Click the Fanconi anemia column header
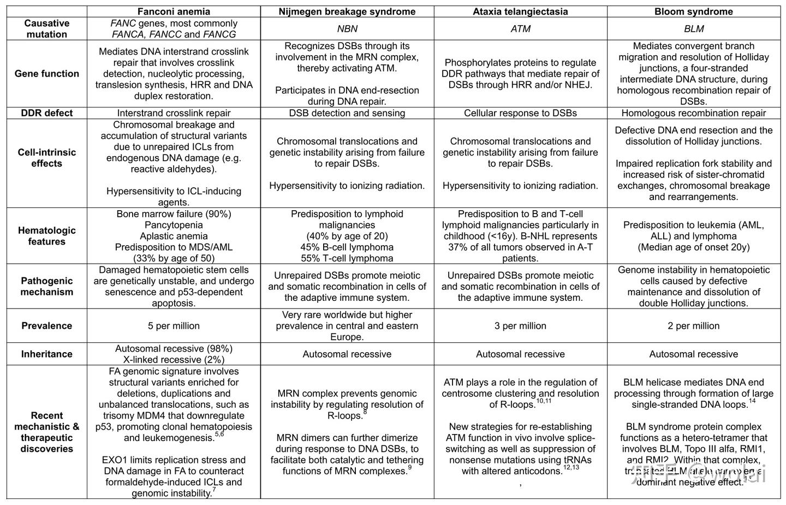click(174, 11)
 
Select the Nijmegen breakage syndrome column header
click(347, 11)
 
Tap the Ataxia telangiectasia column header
click(520, 11)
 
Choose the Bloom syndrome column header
click(694, 11)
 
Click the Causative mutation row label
click(46, 29)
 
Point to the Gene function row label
click(46, 74)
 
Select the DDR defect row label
click(46, 113)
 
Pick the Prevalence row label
click(46, 326)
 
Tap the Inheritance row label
click(46, 354)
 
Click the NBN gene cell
click(347, 29)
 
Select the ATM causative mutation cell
click(520, 29)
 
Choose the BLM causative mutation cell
click(694, 29)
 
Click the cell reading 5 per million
click(174, 326)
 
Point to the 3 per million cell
click(520, 326)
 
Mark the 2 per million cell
click(694, 326)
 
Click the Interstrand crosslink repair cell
click(174, 113)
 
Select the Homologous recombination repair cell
click(694, 113)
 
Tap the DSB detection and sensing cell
click(347, 113)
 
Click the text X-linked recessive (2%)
click(174, 360)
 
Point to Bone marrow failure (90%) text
click(174, 214)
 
